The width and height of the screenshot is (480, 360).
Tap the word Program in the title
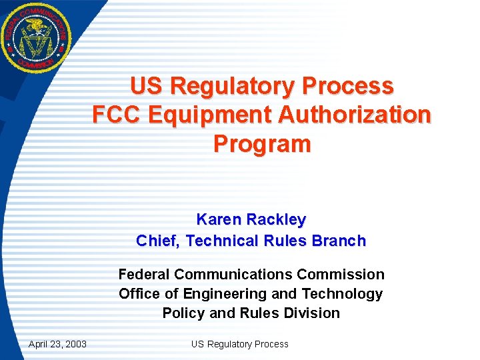(262, 144)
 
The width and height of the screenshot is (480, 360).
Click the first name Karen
(219, 219)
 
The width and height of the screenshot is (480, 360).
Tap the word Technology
(342, 294)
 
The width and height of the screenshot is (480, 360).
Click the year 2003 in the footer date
(75, 344)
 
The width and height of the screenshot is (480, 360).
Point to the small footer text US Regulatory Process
(239, 344)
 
